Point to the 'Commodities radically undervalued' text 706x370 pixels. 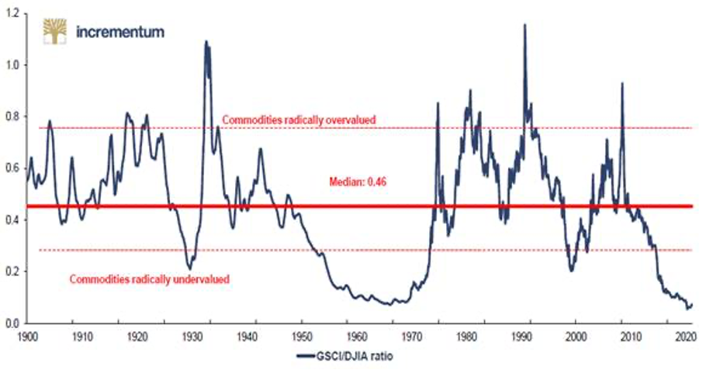pos(149,278)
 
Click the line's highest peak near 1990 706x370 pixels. pos(525,25)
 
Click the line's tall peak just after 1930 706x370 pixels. pos(206,42)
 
